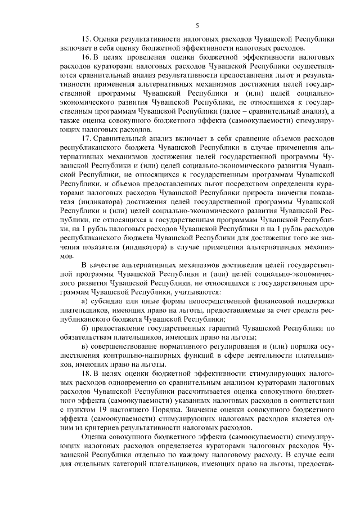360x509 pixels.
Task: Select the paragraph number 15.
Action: click(86, 40)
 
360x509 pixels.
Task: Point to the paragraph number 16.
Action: click(86, 57)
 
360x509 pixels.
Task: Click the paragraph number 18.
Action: click(86, 373)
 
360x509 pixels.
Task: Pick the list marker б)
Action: click(85, 328)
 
